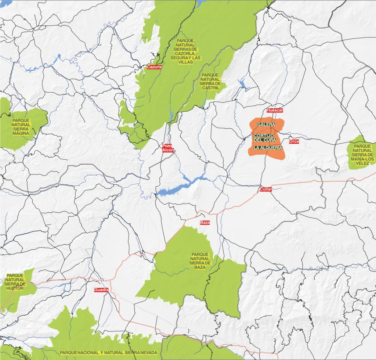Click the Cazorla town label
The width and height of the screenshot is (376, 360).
coord(154,67)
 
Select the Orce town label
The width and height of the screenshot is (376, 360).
coord(294,141)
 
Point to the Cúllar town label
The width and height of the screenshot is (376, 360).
coord(265,189)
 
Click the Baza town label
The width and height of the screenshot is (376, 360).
coord(205,223)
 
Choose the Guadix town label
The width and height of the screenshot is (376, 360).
coord(101,290)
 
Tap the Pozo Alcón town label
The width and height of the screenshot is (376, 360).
coord(167,148)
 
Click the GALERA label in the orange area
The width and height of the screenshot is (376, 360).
coord(266,125)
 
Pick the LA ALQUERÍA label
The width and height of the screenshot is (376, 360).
coord(268,148)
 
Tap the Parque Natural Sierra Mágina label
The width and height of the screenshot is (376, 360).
coord(21,127)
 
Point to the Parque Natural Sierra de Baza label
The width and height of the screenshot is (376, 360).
coord(200,261)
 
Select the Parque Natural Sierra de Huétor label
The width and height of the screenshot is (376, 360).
coord(15,282)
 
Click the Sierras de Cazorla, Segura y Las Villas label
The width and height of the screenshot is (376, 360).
coord(185,51)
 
